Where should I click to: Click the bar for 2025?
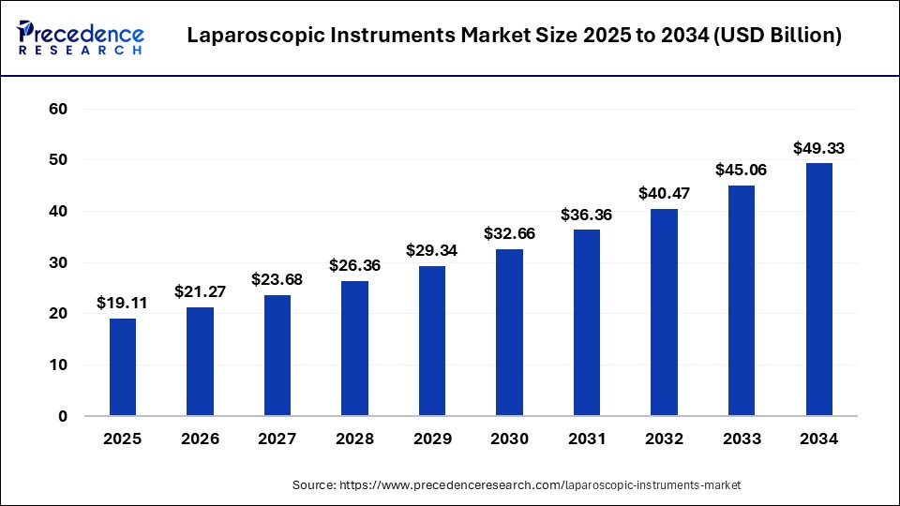(123, 367)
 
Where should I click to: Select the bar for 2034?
(819, 290)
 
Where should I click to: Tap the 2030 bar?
(510, 333)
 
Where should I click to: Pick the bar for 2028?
(354, 349)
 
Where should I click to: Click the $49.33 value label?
(819, 148)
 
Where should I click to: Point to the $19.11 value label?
(123, 304)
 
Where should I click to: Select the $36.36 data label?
(587, 215)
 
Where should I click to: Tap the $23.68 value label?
(277, 280)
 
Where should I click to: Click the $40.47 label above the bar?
(665, 194)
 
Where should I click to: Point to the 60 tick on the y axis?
(58, 110)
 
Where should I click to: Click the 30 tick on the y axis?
(58, 263)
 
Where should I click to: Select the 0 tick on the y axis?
(63, 416)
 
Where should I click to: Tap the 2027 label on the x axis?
(277, 439)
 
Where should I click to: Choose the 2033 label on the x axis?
(742, 439)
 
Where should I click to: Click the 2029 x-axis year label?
(432, 439)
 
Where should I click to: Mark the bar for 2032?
(665, 312)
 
